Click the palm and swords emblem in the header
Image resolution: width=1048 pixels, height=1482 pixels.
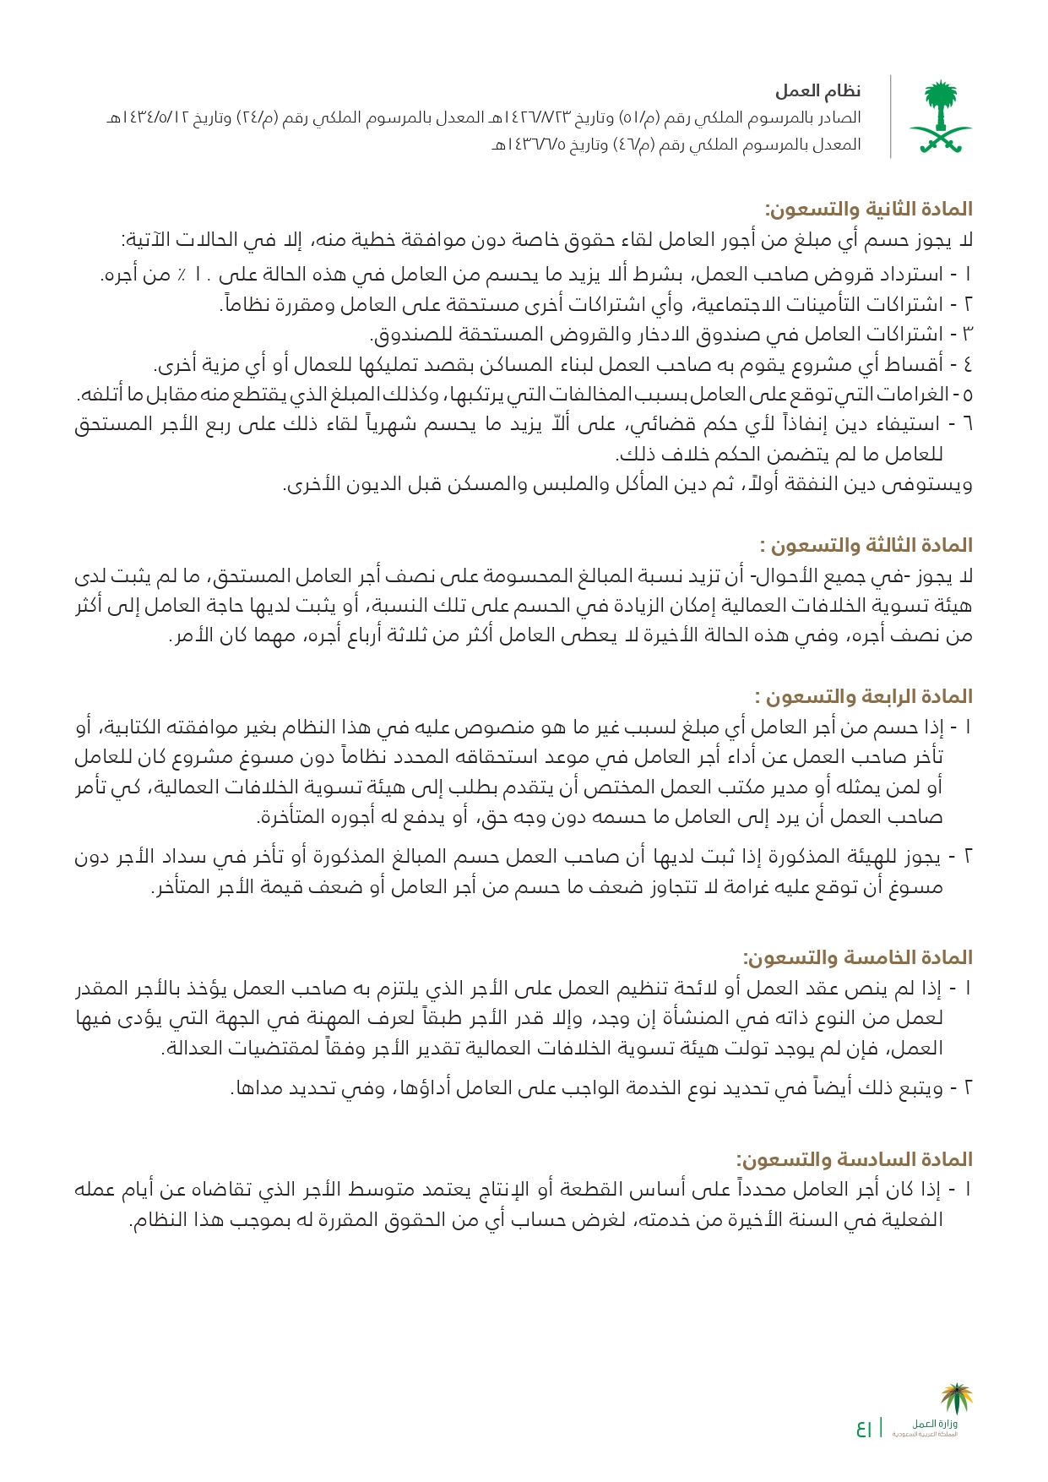[x=940, y=117]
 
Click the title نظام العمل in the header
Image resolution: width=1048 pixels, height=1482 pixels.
[x=817, y=91]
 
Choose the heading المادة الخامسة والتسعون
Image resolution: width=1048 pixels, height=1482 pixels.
[x=857, y=958]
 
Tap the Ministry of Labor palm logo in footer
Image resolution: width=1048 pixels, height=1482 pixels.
[x=957, y=1399]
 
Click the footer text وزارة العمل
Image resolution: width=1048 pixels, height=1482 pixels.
[x=935, y=1425]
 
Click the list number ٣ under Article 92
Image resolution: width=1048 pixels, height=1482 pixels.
[x=967, y=335]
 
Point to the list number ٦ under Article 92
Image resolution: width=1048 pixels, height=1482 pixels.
[x=967, y=425]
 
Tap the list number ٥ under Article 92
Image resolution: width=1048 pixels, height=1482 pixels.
[x=968, y=395]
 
